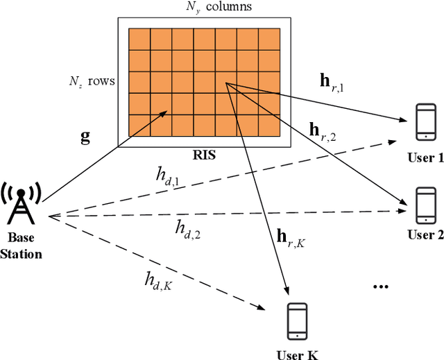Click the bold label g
pos(85,137)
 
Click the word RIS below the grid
pos(205,155)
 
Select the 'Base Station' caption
pos(21,247)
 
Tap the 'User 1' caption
pos(425,158)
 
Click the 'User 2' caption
pos(425,234)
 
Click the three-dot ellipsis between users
pos(382,286)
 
